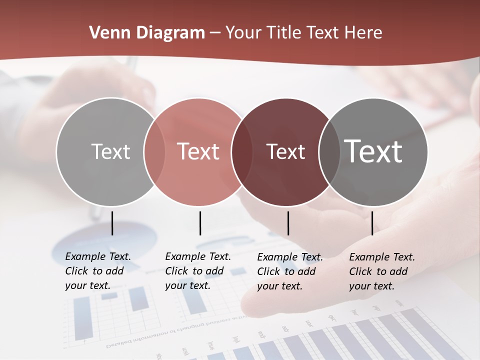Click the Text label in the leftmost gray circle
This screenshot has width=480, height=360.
click(110, 152)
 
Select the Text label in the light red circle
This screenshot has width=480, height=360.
click(198, 152)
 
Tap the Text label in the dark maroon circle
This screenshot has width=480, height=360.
click(286, 152)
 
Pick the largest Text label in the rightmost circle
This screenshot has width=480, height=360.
click(373, 151)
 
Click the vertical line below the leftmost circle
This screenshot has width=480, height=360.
click(112, 223)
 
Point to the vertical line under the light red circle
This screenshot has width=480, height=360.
click(200, 223)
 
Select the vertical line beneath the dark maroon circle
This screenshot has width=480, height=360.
click(288, 223)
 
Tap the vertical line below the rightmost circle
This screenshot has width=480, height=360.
click(372, 223)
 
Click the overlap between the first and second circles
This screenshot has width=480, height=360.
click(154, 152)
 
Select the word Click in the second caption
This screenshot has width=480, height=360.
click(176, 271)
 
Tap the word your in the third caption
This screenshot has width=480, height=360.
click(267, 286)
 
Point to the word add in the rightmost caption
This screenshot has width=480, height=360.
click(398, 271)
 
